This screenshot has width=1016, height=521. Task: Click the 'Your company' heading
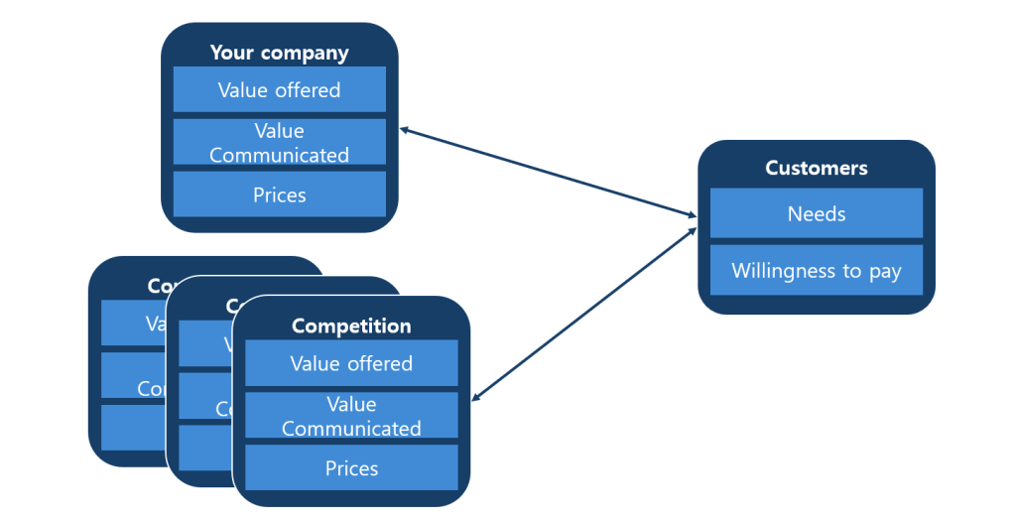(279, 53)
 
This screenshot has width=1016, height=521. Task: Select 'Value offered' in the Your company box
(279, 90)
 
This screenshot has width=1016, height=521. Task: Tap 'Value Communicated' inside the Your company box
(279, 143)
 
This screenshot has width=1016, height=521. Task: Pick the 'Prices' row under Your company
(279, 195)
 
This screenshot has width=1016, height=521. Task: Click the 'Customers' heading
(816, 168)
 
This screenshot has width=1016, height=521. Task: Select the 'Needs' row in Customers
(816, 213)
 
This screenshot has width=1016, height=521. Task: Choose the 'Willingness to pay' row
(816, 271)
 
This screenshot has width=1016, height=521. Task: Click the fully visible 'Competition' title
(351, 326)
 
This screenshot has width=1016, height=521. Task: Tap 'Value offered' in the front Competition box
(351, 364)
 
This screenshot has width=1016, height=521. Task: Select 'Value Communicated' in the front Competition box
(351, 417)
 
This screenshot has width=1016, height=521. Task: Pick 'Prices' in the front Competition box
(351, 468)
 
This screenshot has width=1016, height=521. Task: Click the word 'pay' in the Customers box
(884, 272)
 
